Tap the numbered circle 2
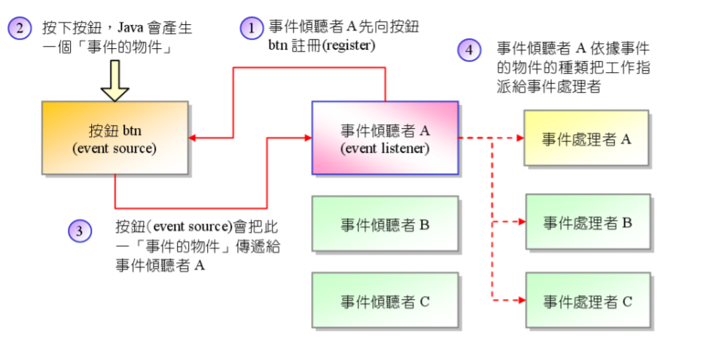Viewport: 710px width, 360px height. click(20, 29)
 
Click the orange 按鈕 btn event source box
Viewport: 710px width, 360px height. click(114, 138)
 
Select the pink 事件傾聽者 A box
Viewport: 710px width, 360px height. click(385, 138)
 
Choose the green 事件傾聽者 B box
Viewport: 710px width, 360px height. click(385, 224)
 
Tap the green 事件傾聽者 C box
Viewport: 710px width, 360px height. click(385, 301)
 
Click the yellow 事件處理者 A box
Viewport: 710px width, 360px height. click(587, 138)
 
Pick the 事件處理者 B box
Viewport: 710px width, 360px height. click(587, 222)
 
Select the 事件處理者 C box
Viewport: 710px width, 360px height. click(587, 301)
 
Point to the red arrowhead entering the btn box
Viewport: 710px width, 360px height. click(193, 138)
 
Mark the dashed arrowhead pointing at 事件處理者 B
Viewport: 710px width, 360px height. click(520, 222)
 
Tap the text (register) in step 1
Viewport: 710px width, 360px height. click(348, 46)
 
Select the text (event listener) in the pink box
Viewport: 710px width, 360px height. click(385, 148)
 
